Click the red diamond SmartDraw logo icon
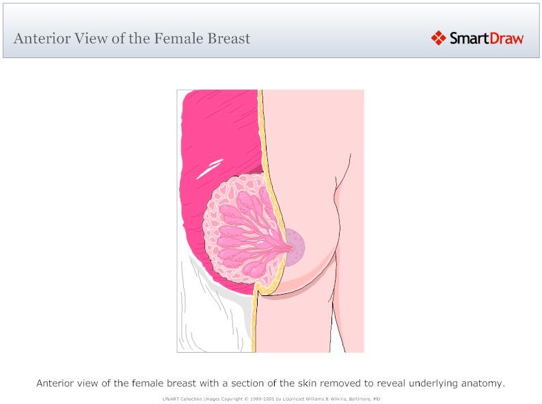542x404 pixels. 438,38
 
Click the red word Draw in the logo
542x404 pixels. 507,38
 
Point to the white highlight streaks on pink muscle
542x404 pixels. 210,168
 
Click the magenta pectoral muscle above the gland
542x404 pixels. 219,130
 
